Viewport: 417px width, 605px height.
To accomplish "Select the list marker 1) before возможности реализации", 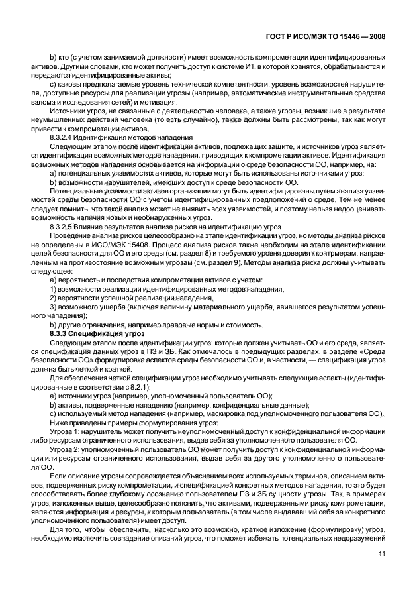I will [x=54, y=288].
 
